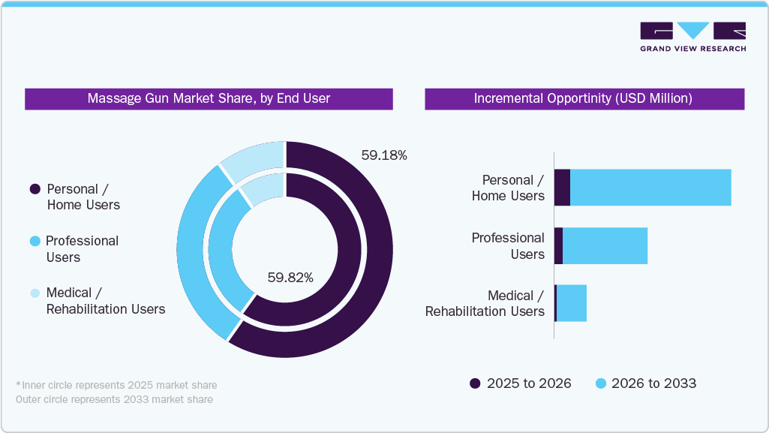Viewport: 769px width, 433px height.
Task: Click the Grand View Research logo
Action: point(692,37)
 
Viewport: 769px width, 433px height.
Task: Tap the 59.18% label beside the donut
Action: point(383,155)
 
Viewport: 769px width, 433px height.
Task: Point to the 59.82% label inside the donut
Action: point(290,278)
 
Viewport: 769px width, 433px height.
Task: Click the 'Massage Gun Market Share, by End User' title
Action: point(209,98)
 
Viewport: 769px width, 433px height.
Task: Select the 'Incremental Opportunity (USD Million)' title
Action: point(584,98)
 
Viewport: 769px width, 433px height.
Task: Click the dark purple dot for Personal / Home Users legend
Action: point(35,189)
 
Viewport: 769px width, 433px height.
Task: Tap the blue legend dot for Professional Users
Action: point(35,241)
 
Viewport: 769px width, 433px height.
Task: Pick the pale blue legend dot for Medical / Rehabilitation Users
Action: point(35,293)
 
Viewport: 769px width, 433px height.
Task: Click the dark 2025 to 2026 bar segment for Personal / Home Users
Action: point(562,188)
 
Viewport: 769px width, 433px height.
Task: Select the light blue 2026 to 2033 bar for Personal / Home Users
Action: point(650,188)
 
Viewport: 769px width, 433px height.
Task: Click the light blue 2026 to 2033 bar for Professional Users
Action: point(605,245)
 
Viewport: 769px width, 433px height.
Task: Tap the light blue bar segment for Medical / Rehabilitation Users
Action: point(572,303)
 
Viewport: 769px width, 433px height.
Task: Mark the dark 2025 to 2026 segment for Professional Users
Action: point(558,245)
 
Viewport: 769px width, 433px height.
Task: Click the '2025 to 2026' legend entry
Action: point(520,383)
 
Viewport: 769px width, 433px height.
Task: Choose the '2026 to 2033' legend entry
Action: point(645,383)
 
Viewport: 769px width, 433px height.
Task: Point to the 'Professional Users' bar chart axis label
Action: point(508,245)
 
